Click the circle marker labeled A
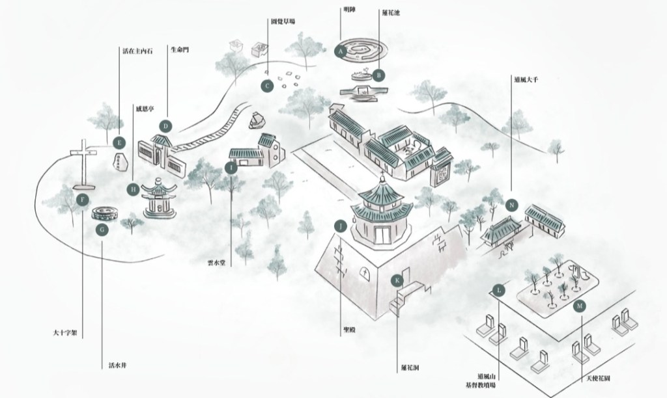click(x=340, y=49)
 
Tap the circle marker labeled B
click(x=378, y=75)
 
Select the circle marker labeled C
click(x=266, y=85)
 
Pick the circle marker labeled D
click(x=166, y=126)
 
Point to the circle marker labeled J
click(x=340, y=226)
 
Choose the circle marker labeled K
click(x=398, y=280)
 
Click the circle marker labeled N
click(x=512, y=206)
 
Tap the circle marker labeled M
click(x=580, y=305)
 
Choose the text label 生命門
click(x=179, y=50)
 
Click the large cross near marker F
click(x=83, y=163)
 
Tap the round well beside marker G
click(x=104, y=213)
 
